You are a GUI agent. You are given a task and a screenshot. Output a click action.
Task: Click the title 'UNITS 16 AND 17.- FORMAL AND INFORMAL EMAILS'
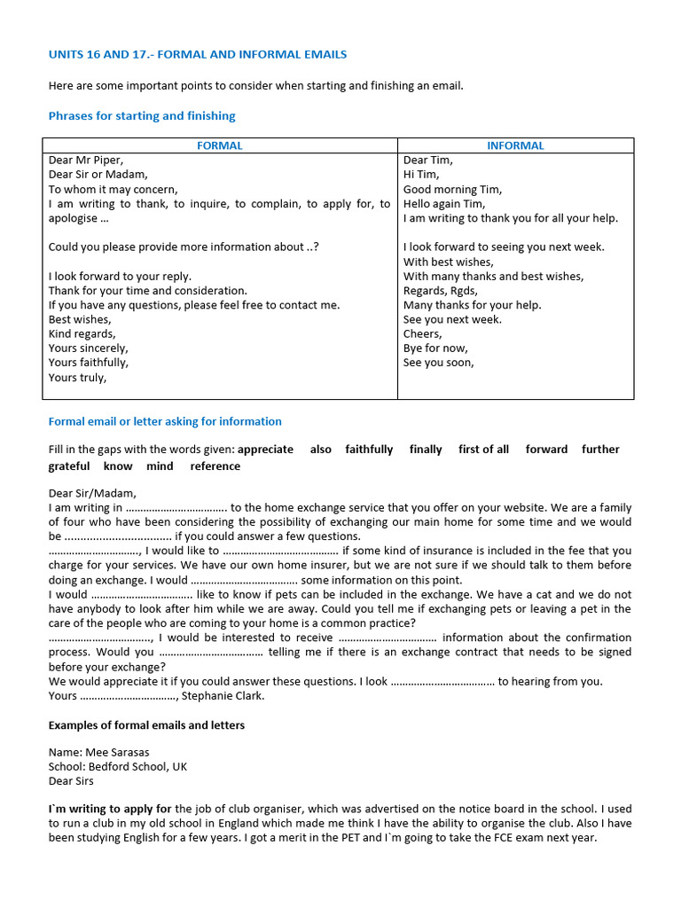tap(198, 55)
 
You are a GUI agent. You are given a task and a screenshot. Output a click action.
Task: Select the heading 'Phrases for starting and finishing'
tap(142, 116)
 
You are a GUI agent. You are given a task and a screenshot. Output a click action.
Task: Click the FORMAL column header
tap(220, 145)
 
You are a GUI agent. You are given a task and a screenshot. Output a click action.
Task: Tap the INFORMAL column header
tap(515, 145)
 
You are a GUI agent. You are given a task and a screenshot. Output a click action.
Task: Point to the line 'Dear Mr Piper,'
tap(86, 160)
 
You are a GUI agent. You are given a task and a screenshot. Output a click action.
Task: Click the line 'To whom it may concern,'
tap(113, 189)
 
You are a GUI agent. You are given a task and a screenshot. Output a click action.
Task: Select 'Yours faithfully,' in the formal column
tap(88, 363)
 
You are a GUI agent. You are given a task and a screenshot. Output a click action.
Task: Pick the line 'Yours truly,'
tap(77, 377)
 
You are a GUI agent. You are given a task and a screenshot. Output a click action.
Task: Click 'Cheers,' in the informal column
tap(423, 333)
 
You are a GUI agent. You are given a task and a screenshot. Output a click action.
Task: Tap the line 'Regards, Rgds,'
tap(441, 290)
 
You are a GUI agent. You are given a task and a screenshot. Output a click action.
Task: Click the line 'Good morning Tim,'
tap(452, 189)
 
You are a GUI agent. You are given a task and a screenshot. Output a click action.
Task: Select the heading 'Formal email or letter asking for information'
tap(165, 421)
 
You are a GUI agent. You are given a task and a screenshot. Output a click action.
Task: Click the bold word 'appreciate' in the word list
tap(265, 450)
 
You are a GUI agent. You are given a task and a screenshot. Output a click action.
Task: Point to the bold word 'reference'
tap(215, 466)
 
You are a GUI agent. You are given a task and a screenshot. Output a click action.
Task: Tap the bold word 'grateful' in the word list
tap(69, 466)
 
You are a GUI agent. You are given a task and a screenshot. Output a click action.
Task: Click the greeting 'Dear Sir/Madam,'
tap(92, 493)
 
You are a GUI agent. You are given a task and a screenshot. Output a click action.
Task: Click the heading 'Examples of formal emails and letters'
tap(146, 725)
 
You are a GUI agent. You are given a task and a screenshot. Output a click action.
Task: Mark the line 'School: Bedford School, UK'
tap(118, 767)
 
